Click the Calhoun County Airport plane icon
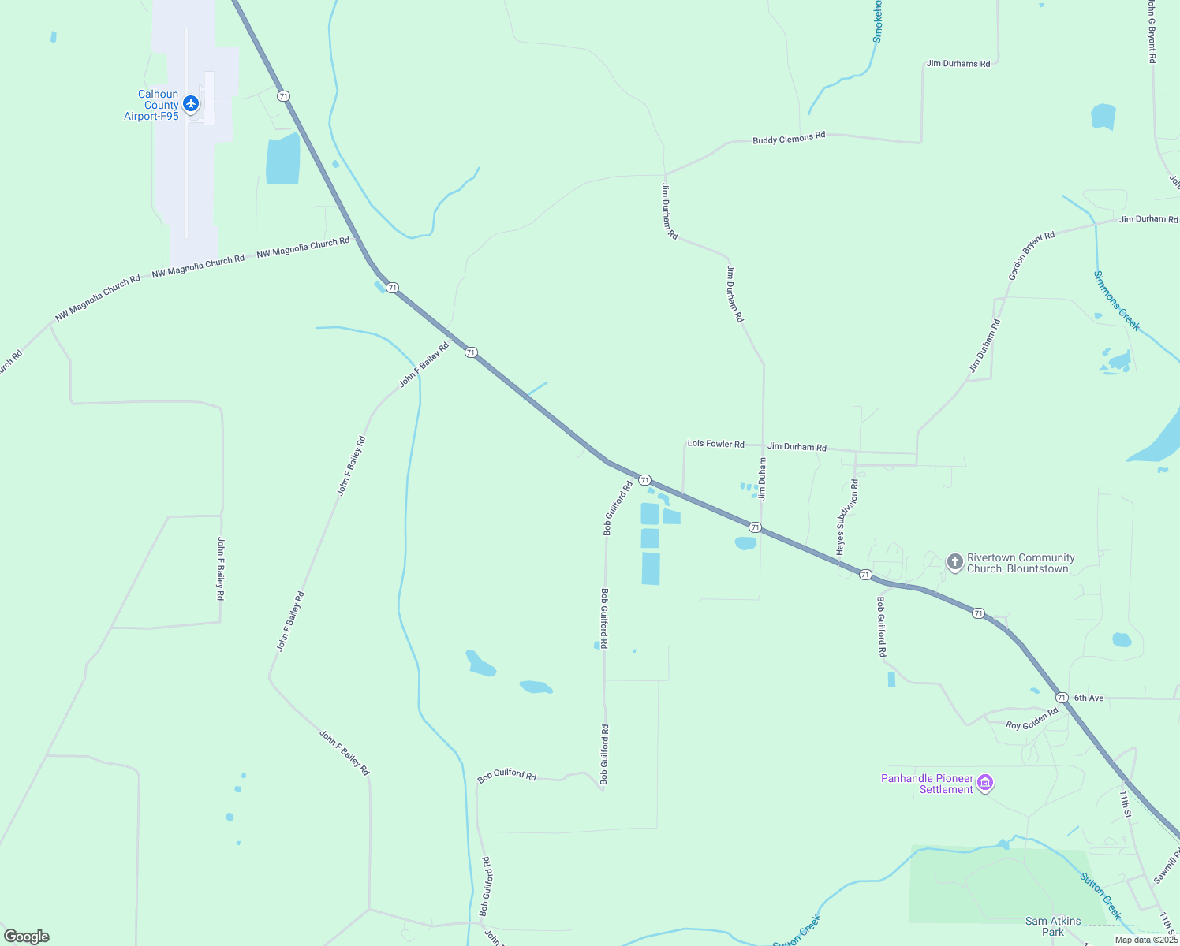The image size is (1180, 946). coord(190,103)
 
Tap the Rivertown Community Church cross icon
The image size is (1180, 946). coord(955,562)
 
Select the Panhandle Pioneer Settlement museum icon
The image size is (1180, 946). coord(984,783)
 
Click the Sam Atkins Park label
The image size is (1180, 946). coord(1053,926)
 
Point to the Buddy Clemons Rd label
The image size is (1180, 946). coord(789,138)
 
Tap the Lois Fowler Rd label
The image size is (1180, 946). coord(715,444)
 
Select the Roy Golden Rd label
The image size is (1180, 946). coord(1032,719)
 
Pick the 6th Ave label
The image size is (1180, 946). coord(1089,698)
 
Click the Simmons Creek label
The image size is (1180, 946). coord(1116,300)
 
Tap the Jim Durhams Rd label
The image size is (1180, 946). coord(958,63)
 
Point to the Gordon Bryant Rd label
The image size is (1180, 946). coord(1031,256)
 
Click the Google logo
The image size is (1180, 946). coord(27,937)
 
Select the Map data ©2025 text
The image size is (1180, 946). coord(1146,940)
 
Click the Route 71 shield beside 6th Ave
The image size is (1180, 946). coord(1062,698)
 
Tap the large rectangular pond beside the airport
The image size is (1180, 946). coord(283,159)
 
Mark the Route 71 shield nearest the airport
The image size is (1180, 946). coord(283,96)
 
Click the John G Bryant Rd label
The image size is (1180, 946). coord(1152,32)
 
